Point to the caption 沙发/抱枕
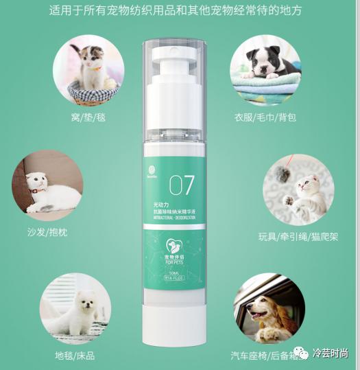click(46, 232)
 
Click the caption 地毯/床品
click(75, 356)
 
